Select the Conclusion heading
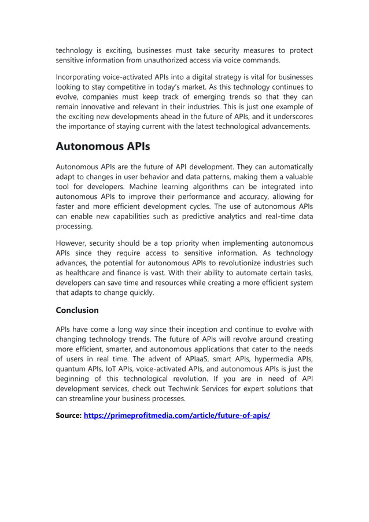pos(77,310)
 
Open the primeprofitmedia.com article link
pos(177,416)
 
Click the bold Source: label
pos(69,416)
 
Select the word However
pos(72,243)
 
